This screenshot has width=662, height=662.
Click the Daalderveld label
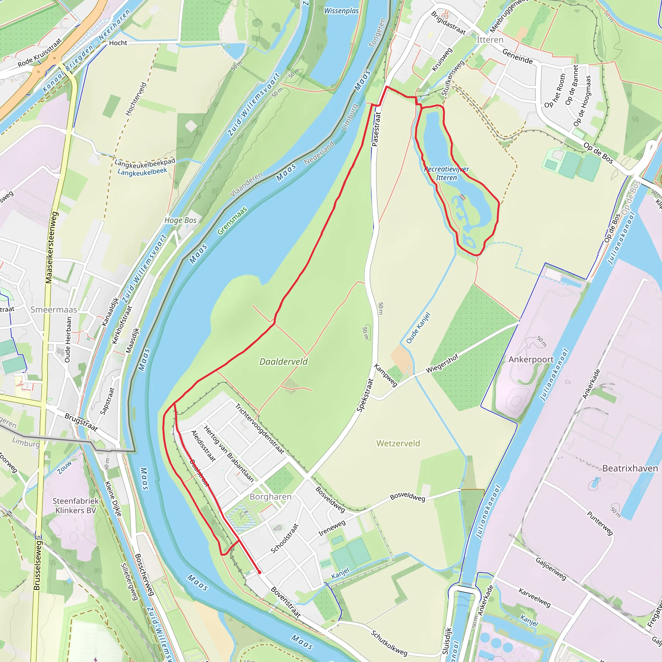click(x=283, y=361)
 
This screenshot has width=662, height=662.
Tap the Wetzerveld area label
click(x=398, y=443)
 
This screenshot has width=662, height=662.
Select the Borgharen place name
click(x=270, y=496)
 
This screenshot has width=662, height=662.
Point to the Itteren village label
click(x=490, y=40)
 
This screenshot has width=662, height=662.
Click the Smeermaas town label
click(x=54, y=309)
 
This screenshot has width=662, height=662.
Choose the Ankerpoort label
click(x=531, y=359)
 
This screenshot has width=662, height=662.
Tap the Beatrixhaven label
click(x=630, y=468)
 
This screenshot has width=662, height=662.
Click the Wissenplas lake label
click(x=341, y=11)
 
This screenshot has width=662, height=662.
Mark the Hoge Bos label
click(x=180, y=220)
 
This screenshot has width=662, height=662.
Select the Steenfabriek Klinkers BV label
click(x=75, y=506)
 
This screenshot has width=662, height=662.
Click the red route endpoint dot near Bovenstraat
click(x=260, y=572)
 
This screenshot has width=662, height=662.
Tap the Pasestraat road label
click(x=376, y=129)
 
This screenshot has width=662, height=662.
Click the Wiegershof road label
click(x=442, y=364)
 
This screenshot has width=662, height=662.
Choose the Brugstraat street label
click(x=81, y=422)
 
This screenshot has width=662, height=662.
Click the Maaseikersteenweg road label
click(x=51, y=247)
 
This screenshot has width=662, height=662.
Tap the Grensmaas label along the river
click(x=232, y=221)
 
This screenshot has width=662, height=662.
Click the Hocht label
click(x=118, y=43)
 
